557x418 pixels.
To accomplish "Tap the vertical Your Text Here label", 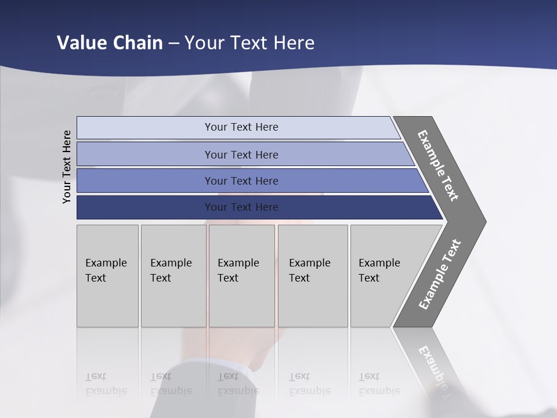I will [x=67, y=167].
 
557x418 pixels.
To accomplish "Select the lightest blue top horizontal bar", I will [x=241, y=127].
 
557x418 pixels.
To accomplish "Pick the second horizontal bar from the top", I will [x=241, y=154].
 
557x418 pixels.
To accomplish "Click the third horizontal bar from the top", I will [x=241, y=181].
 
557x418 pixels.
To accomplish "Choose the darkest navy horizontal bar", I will [x=241, y=207].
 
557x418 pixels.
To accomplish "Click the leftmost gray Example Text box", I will [x=107, y=276].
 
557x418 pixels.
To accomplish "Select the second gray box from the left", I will [x=173, y=276].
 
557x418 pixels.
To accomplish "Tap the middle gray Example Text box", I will [x=241, y=276].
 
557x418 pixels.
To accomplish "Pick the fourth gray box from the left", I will [x=312, y=276].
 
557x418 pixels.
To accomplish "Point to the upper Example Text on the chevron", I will [x=438, y=165].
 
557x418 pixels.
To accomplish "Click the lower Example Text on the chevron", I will [x=439, y=275].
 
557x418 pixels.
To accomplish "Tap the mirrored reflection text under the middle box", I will [x=238, y=384].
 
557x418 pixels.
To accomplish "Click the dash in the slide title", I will [x=173, y=44].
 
